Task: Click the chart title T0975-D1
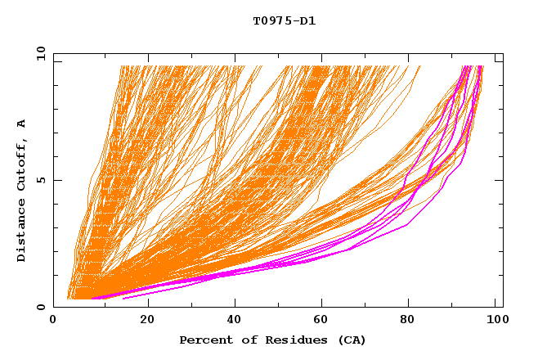pyautogui.click(x=284, y=21)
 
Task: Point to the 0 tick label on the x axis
pyautogui.click(x=53, y=322)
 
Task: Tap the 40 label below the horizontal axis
pyautogui.click(x=234, y=322)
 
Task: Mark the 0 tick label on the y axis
pyautogui.click(x=41, y=308)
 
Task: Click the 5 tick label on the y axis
pyautogui.click(x=41, y=181)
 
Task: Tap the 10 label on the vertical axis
pyautogui.click(x=38, y=54)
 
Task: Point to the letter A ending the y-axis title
pyautogui.click(x=21, y=124)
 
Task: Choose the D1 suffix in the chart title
pyautogui.click(x=307, y=21)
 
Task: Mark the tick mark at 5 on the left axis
pyautogui.click(x=56, y=181)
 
